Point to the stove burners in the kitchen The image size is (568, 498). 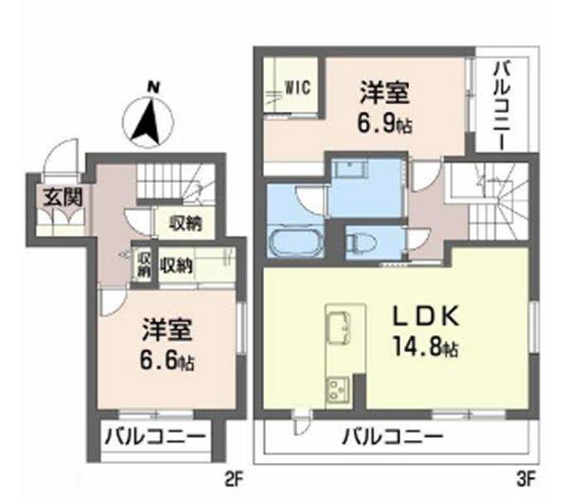click(338, 388)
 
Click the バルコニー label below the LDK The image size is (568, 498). click(392, 438)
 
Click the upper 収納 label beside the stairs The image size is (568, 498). click(186, 223)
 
